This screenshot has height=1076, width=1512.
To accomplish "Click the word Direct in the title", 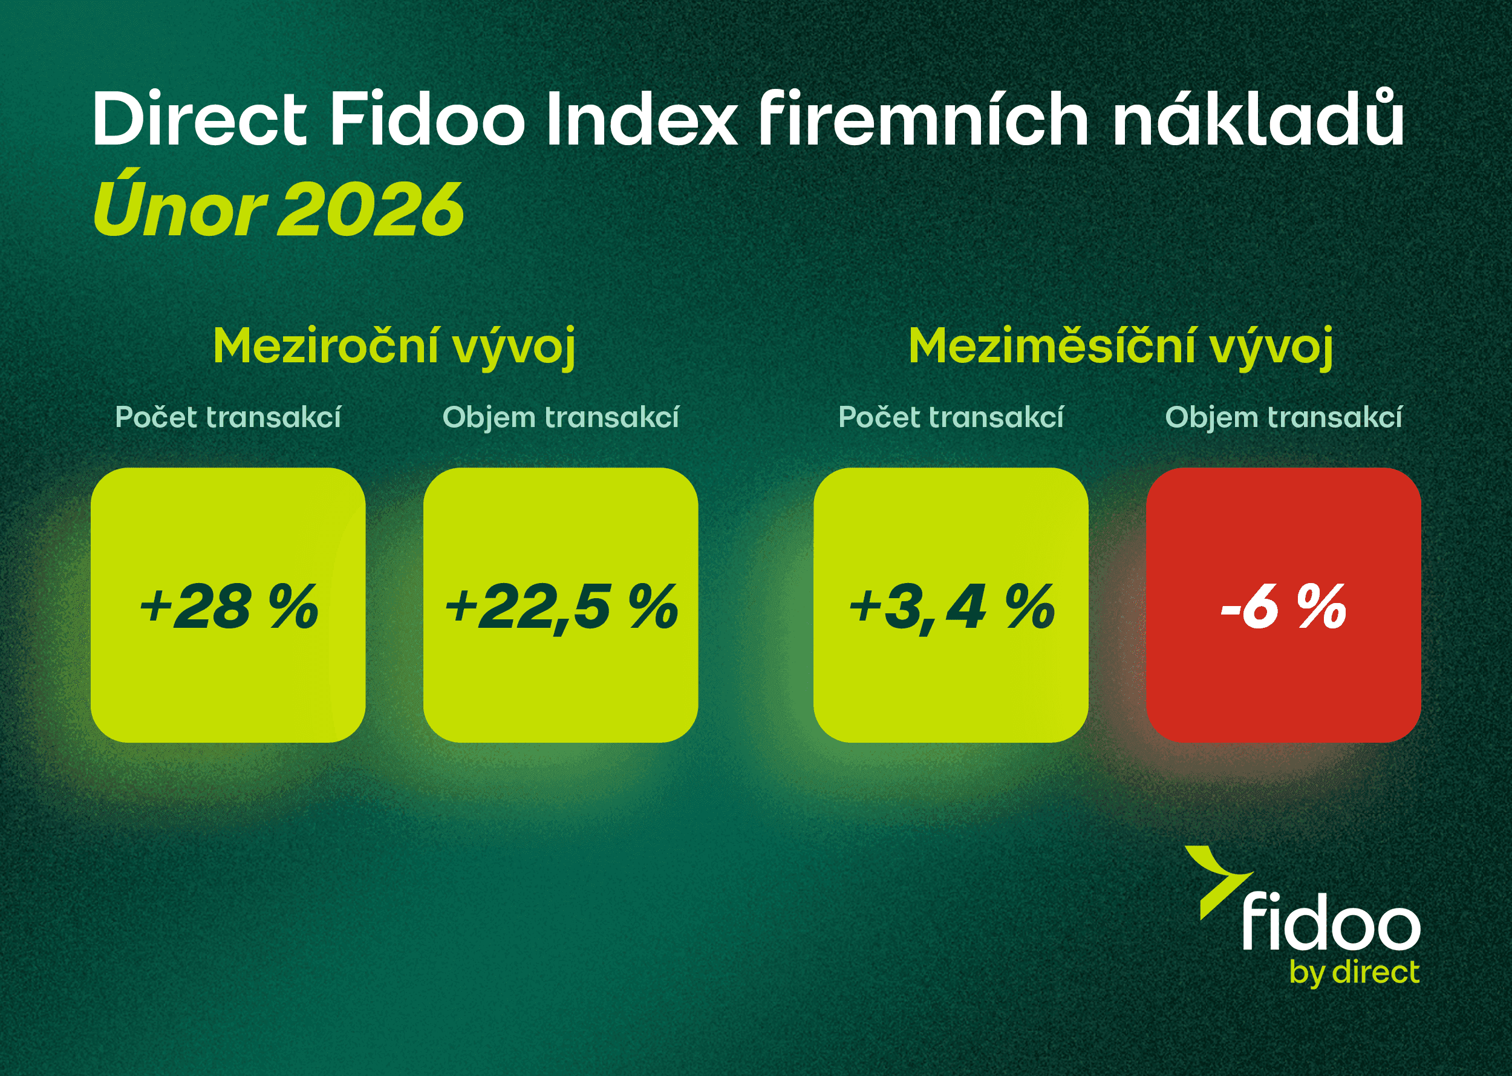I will tap(200, 119).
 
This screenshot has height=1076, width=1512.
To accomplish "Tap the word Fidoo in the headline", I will tap(428, 119).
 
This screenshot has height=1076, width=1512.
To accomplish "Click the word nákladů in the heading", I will tap(1259, 119).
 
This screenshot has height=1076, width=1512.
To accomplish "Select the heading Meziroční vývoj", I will tap(394, 347).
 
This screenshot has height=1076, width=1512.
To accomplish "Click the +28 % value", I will tap(229, 606).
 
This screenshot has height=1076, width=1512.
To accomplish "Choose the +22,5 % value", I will tap(561, 606).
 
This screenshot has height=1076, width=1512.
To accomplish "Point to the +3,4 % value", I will tap(951, 606).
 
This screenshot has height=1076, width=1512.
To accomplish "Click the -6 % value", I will tap(1283, 606).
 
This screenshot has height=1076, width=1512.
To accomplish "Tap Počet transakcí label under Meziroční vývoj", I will tap(228, 417).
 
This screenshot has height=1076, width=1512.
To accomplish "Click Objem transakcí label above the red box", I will tap(1283, 417).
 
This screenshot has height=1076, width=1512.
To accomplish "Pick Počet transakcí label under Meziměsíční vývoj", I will tap(951, 417).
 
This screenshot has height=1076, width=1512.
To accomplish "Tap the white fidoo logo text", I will tap(1331, 922).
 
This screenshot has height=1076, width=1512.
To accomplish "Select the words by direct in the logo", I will tap(1354, 973).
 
